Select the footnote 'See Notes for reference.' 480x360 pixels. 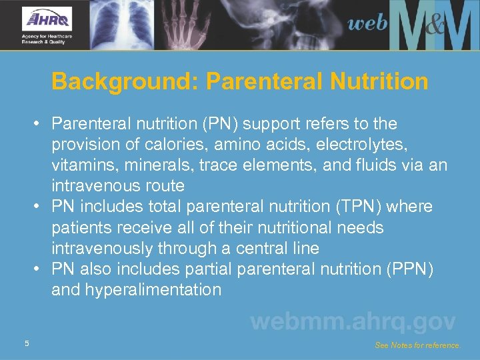tap(418, 345)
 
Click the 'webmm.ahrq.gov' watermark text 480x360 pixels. tap(353, 322)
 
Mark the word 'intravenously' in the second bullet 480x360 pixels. tap(105, 249)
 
